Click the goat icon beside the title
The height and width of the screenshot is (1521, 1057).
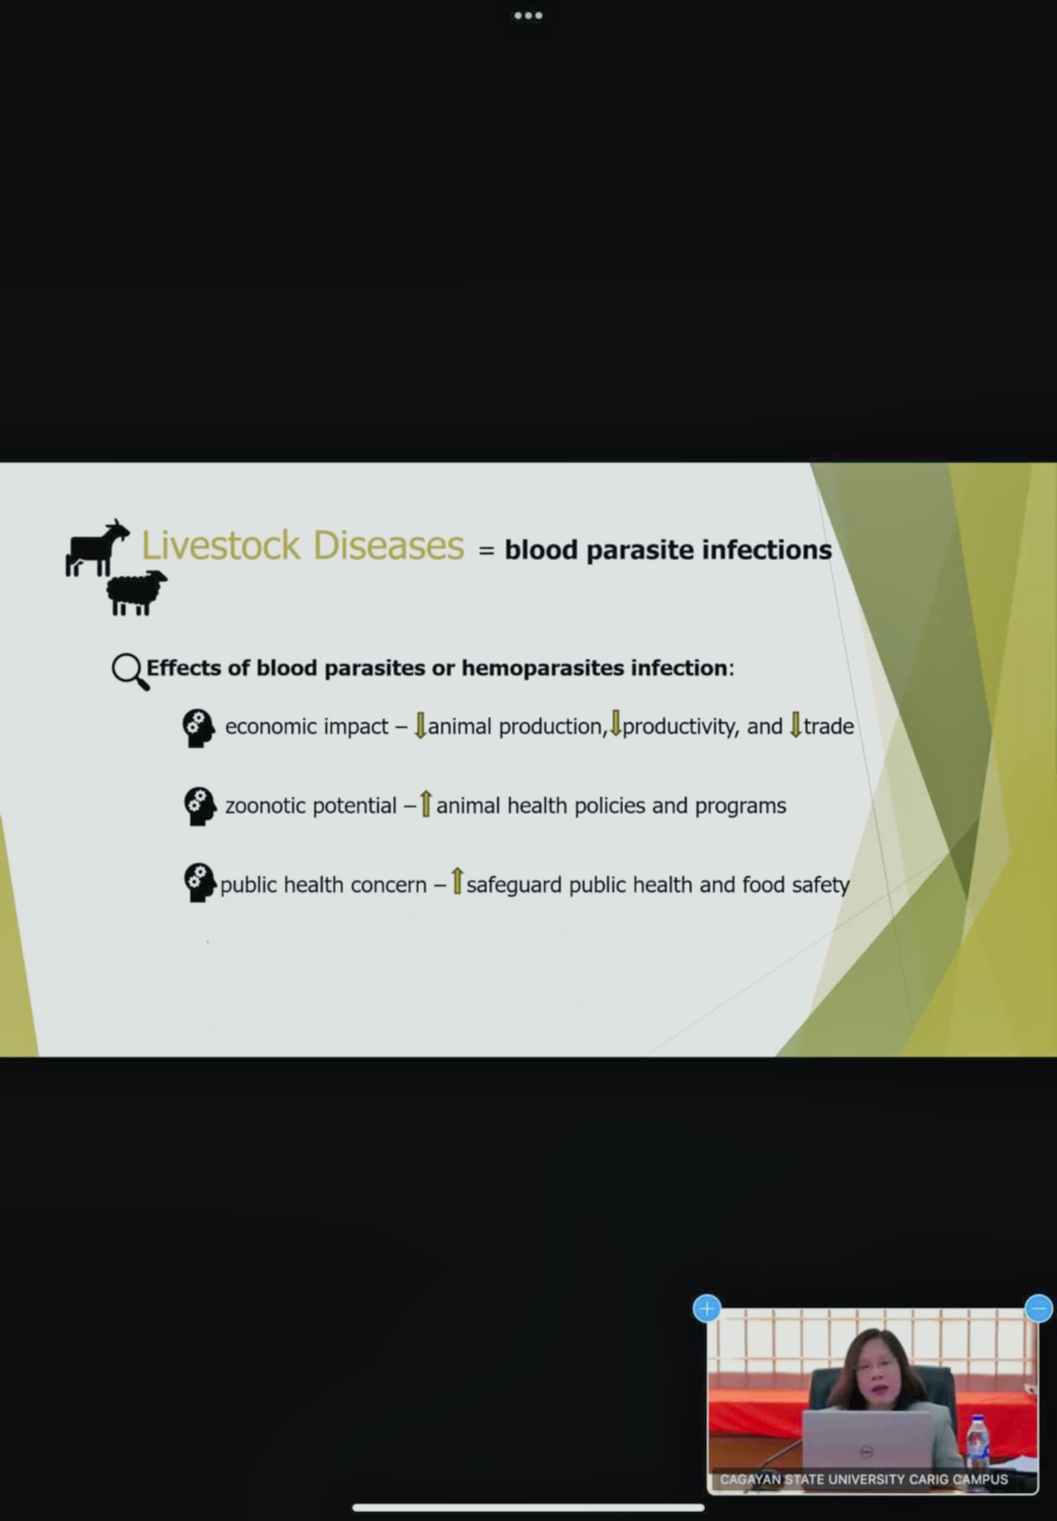click(97, 548)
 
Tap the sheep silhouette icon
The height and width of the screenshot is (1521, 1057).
click(137, 593)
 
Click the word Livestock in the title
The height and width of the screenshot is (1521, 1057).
click(221, 545)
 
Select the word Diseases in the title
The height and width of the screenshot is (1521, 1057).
click(388, 545)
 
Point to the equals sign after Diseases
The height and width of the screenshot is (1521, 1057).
click(486, 551)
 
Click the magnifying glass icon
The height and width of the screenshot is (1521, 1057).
click(130, 671)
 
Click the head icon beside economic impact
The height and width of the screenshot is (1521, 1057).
click(198, 728)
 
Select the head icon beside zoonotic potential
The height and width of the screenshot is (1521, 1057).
click(198, 807)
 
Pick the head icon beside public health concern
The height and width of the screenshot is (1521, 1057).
click(198, 883)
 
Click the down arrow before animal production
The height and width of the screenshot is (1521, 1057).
click(420, 725)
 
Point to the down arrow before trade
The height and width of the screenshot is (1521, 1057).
click(796, 724)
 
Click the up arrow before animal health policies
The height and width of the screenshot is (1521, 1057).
click(426, 804)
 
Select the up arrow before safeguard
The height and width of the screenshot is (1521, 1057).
click(457, 882)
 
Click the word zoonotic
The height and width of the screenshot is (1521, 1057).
click(263, 806)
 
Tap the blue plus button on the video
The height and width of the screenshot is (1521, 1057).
click(706, 1308)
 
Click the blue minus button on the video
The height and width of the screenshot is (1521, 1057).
click(1038, 1308)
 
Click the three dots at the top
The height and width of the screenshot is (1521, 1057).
click(528, 16)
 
